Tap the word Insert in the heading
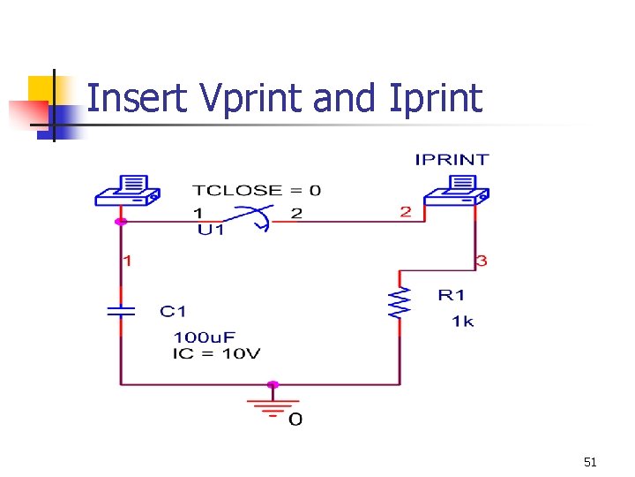pos(138,98)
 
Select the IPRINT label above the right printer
pos(452,160)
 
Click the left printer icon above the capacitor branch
pos(126,191)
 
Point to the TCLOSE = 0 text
pos(257,190)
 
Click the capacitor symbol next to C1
pos(121,311)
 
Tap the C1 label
pos(173,311)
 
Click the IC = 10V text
pos(217,353)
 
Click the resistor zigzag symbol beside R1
pos(400,302)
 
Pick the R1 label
pos(451,295)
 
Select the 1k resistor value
pos(462,322)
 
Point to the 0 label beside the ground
pos(295,420)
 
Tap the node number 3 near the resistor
pos(481,261)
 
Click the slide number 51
pos(590,462)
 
